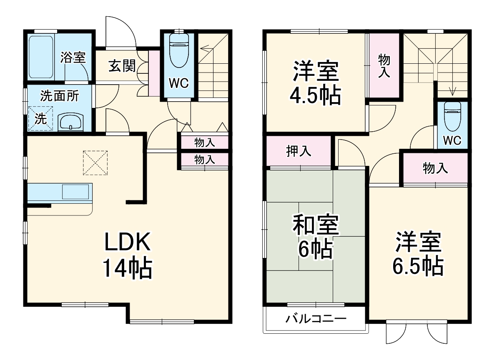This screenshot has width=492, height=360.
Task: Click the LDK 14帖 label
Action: tap(128, 255)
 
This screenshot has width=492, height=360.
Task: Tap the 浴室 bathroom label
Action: tap(73, 57)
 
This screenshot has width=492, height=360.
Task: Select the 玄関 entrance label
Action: tap(122, 66)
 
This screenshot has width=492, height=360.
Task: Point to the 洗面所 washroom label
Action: tap(60, 96)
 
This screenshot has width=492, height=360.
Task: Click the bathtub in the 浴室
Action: tap(41, 57)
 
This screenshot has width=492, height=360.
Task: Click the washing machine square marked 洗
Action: tap(40, 118)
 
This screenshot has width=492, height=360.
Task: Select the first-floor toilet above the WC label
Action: tap(179, 50)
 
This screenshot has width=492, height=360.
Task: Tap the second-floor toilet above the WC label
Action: tap(452, 116)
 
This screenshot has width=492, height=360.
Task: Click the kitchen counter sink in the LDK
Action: tap(75, 192)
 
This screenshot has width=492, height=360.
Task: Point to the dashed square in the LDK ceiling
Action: tap(95, 163)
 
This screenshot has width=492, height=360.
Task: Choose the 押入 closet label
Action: tap(299, 151)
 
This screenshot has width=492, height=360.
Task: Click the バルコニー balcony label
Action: tap(316, 319)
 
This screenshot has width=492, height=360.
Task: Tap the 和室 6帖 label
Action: tap(316, 236)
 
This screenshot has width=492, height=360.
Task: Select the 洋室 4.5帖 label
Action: tap(316, 83)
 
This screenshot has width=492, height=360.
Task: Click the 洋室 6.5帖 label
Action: tap(418, 253)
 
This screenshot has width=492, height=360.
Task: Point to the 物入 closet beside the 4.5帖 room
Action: tap(384, 65)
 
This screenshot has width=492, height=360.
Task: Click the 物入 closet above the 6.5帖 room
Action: tap(435, 168)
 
